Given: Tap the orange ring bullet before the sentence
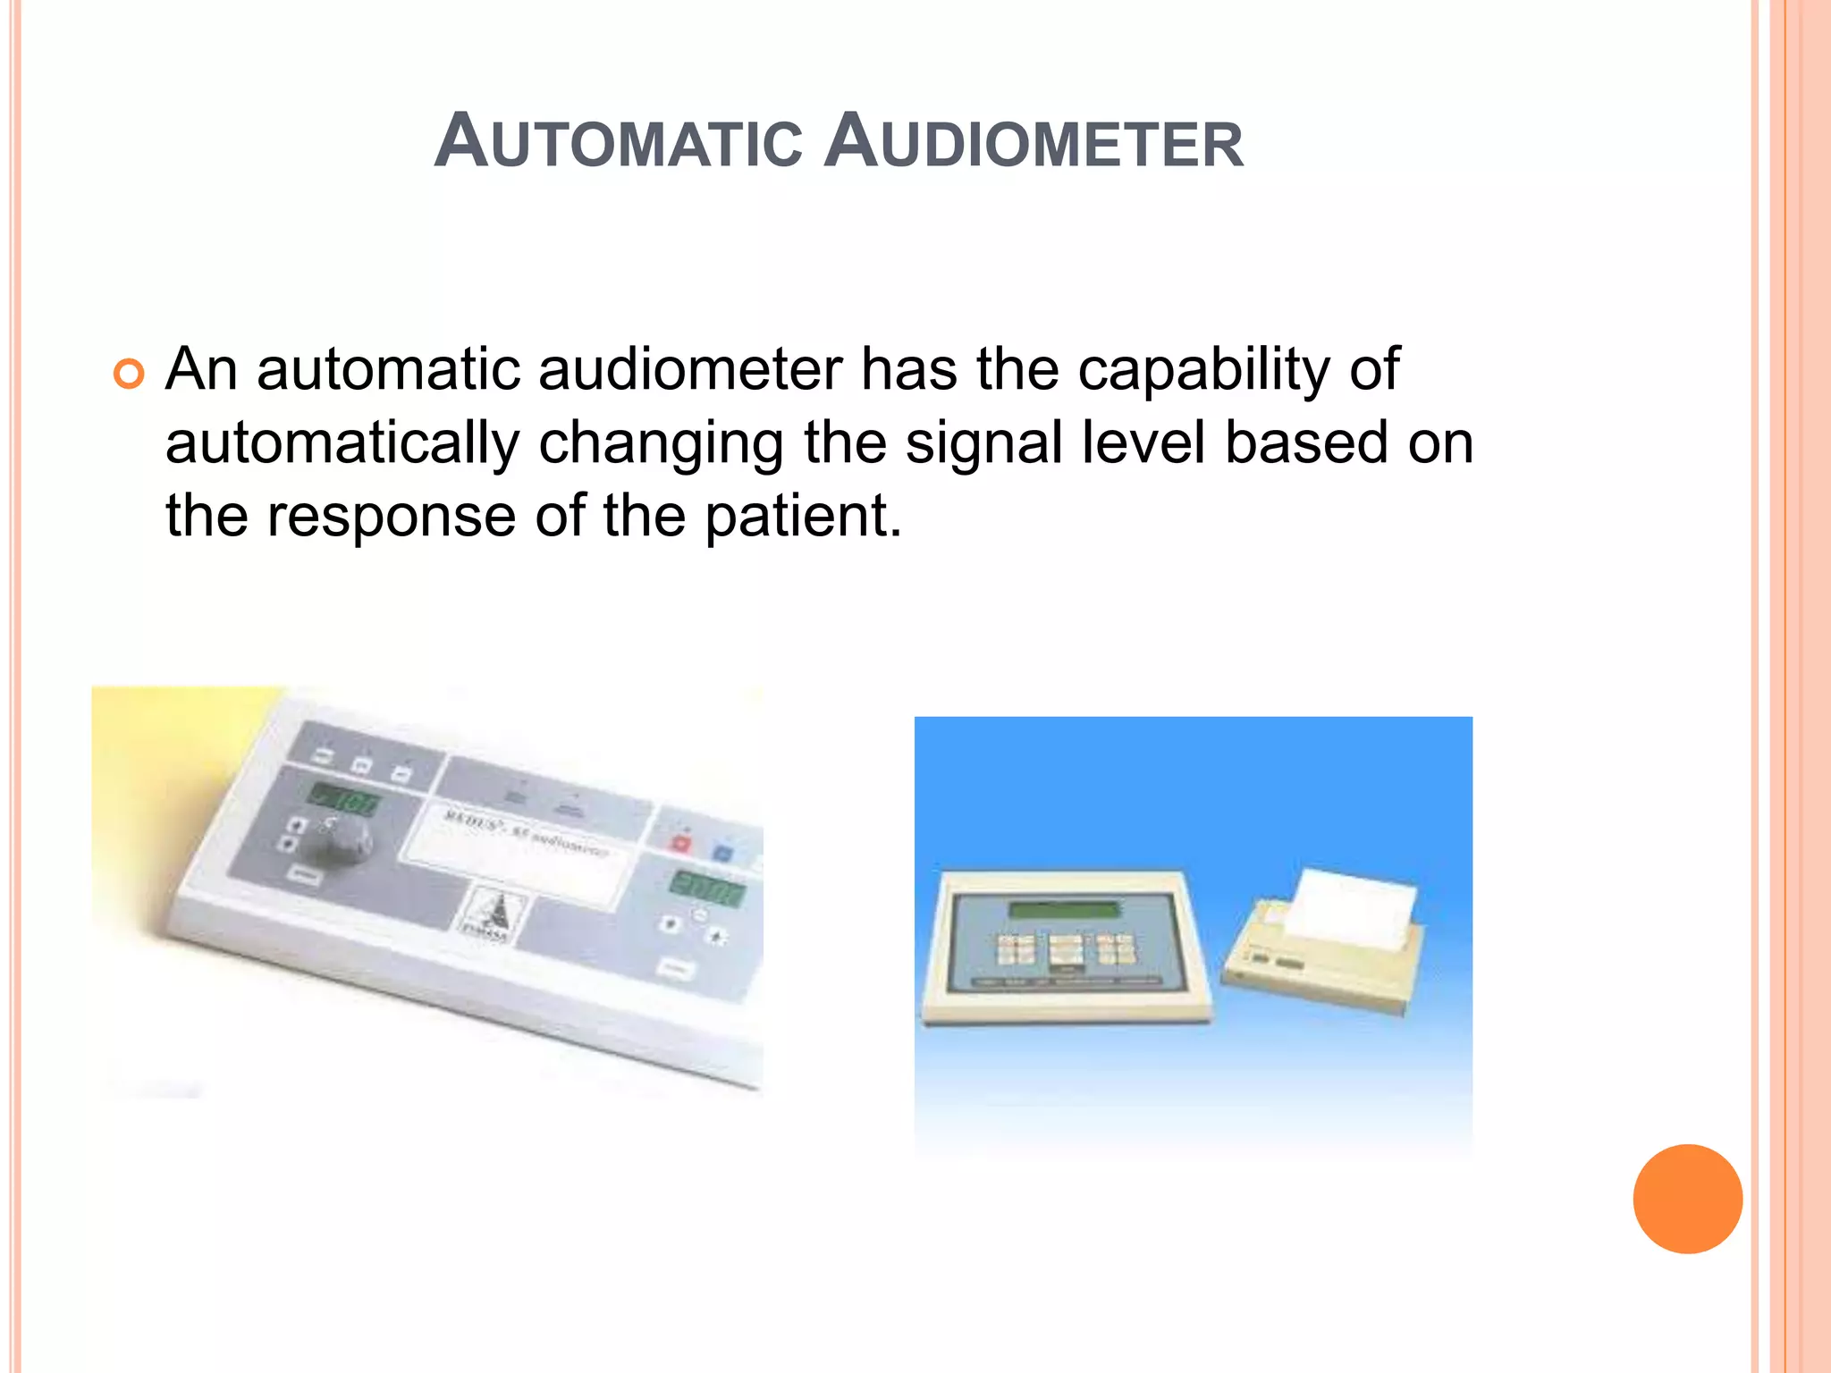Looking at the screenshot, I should [129, 374].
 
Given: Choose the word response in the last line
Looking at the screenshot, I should [392, 518].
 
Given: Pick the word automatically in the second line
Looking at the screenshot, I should [342, 443].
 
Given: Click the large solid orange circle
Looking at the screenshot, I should [1687, 1199].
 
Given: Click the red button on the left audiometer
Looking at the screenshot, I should [681, 842].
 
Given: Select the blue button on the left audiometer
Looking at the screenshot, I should [722, 852].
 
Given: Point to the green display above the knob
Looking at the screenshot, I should [345, 798].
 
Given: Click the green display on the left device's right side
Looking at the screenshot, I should [706, 888].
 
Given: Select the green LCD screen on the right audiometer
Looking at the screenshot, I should [1064, 910].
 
